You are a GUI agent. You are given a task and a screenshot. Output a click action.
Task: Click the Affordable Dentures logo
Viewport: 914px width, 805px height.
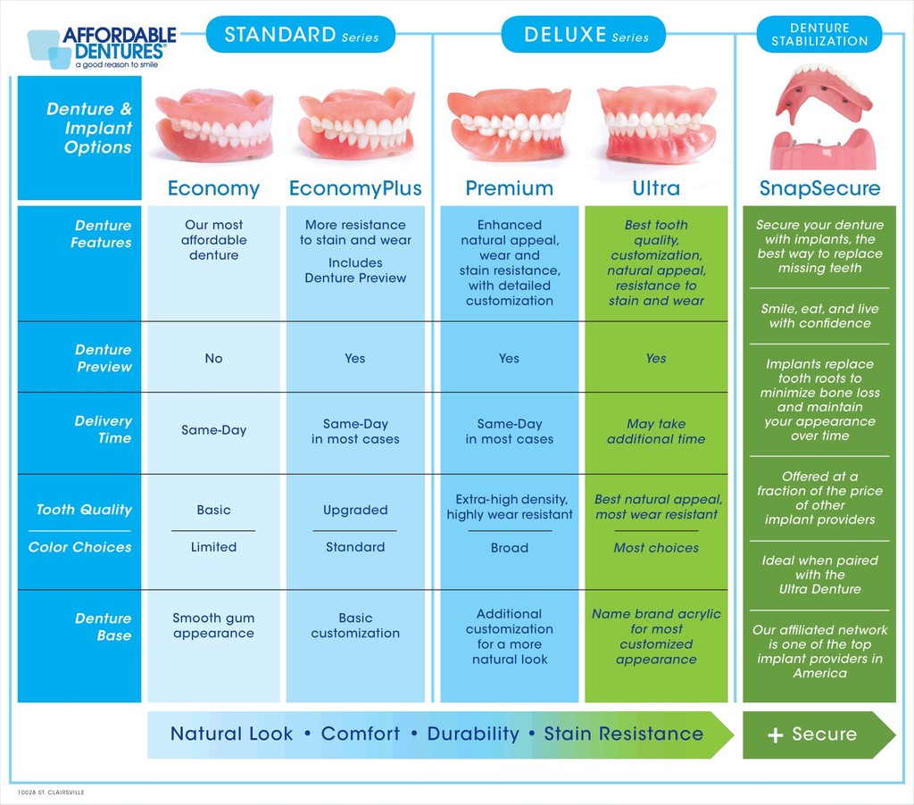[102, 48]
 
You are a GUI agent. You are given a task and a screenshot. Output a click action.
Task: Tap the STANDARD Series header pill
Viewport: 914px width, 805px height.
[301, 35]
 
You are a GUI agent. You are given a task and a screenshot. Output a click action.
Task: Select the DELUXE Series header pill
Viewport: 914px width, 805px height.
[584, 35]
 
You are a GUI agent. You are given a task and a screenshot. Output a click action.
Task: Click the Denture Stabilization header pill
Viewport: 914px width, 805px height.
[819, 35]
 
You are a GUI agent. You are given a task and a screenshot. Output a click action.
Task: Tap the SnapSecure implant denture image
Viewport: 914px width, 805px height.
[822, 117]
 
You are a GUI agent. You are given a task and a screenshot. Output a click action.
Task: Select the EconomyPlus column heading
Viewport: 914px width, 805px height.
[355, 188]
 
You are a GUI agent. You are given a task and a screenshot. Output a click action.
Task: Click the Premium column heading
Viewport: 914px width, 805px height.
[509, 188]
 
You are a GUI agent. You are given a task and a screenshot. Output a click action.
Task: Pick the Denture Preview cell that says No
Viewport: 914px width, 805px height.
[214, 359]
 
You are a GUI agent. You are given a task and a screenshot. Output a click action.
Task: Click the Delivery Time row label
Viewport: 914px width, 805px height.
[104, 429]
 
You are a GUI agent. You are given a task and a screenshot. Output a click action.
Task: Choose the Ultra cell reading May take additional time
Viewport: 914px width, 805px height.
[656, 431]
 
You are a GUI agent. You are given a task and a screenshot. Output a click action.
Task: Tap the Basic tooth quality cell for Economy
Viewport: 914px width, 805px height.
[214, 510]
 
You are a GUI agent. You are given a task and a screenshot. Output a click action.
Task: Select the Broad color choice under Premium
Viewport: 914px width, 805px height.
[510, 548]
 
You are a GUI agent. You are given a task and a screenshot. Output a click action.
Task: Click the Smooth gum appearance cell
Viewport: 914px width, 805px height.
[214, 626]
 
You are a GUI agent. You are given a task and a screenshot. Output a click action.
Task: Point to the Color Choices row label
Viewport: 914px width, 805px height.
[79, 547]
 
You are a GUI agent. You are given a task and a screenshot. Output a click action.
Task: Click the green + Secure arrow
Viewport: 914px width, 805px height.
[819, 734]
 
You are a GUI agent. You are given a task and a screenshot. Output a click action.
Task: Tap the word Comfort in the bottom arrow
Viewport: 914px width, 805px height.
[361, 734]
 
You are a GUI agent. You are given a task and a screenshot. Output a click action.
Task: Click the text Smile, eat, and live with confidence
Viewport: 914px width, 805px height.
[819, 316]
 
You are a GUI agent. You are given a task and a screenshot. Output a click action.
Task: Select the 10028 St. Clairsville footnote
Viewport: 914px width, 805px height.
[51, 793]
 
